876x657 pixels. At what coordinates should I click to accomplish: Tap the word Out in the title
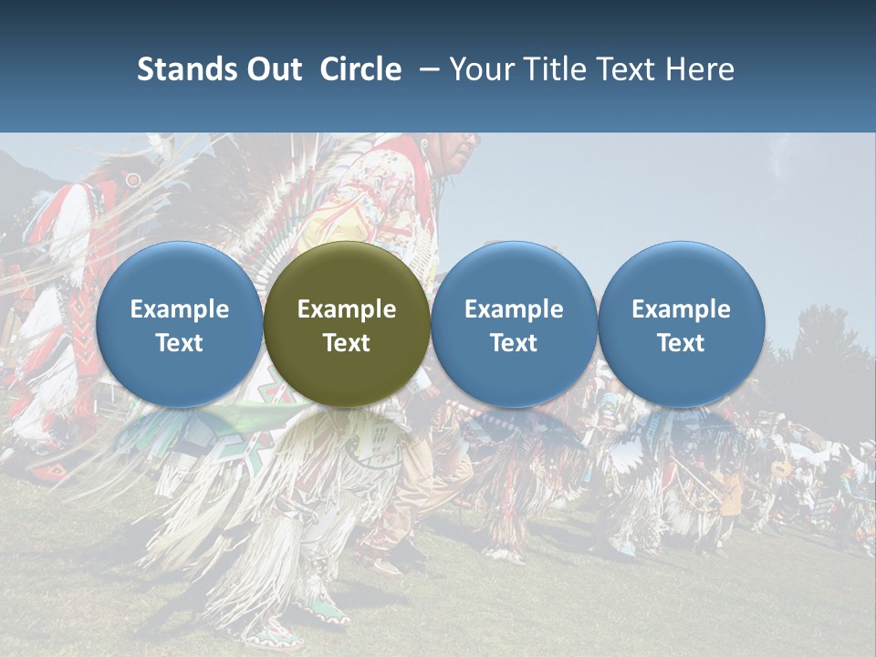coord(275,69)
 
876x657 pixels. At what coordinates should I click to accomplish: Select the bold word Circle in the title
coord(360,69)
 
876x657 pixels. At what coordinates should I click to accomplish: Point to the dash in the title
coord(426,70)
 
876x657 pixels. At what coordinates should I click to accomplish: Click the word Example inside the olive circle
coord(347,309)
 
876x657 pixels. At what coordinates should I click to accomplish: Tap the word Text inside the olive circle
coord(347,343)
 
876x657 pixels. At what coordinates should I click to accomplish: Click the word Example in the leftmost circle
coord(179,309)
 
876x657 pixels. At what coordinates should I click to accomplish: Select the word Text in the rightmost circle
coord(681,343)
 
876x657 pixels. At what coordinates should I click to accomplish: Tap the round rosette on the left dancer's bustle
coord(134,180)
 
